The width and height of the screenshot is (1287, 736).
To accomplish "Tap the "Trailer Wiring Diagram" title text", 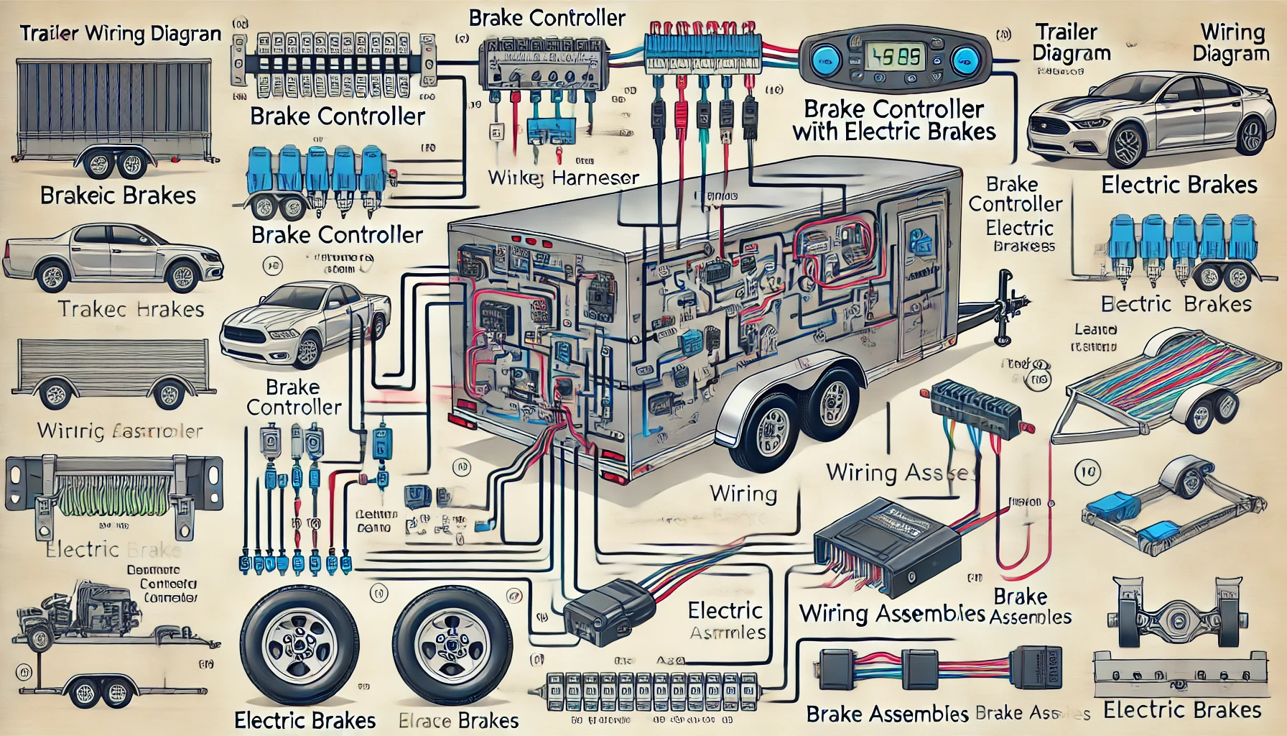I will [121, 34].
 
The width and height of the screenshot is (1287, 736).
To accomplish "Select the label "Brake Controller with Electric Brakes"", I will [894, 120].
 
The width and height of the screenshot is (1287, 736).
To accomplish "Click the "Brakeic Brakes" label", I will [118, 195].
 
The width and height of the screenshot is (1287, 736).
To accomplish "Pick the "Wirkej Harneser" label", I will [563, 178].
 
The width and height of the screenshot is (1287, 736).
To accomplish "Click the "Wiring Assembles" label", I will [892, 613].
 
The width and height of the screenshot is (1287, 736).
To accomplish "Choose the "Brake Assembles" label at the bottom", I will [888, 714].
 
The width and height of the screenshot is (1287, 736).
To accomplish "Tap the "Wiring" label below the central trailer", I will [743, 494].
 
